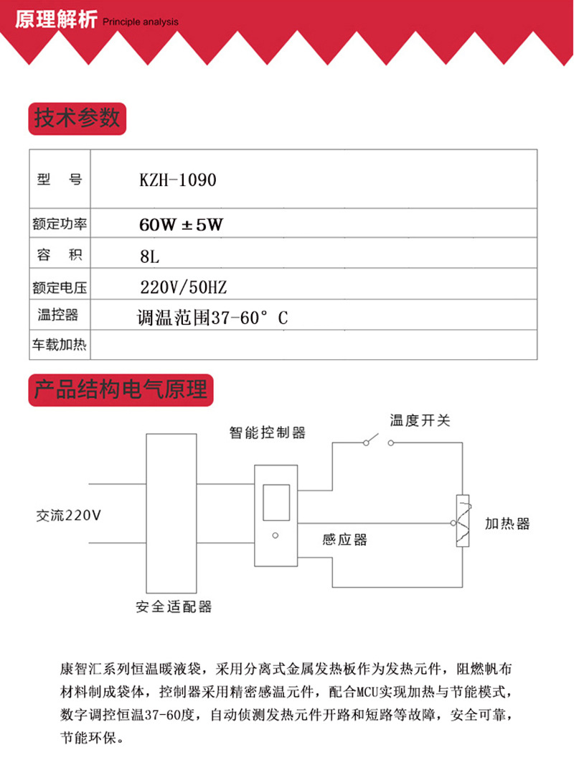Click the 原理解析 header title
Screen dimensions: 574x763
[x=55, y=19]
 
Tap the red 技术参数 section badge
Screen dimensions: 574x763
[x=77, y=117]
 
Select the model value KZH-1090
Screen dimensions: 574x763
[x=177, y=180]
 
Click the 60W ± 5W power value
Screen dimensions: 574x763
[x=182, y=224]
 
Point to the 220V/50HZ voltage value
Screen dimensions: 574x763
[x=183, y=287]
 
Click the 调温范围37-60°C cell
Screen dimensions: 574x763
[x=212, y=317]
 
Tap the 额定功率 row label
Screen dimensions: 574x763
[x=60, y=224]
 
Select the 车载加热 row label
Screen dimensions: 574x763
[x=60, y=346]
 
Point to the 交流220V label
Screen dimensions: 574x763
[x=70, y=515]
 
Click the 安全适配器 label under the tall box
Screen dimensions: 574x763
[x=174, y=606]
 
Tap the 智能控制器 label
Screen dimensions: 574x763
[x=268, y=433]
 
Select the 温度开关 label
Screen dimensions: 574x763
[x=420, y=420]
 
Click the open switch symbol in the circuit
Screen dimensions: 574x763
[x=377, y=440]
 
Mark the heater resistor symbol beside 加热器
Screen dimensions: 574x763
[x=464, y=522]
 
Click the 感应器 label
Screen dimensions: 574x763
[x=344, y=539]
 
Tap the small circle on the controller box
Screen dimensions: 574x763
[x=276, y=535]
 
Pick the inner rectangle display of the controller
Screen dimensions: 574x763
[x=276, y=502]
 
